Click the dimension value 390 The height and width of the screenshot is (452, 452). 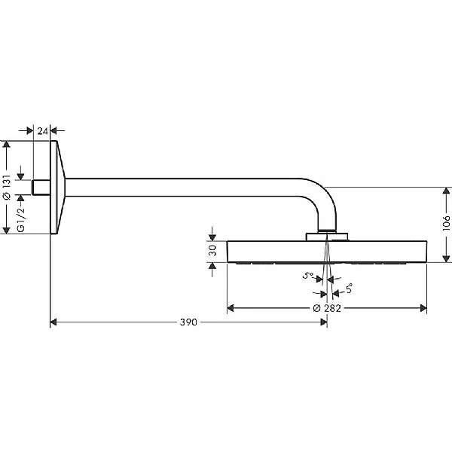(188, 322)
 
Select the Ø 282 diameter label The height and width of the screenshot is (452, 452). (327, 308)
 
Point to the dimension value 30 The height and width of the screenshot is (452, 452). (212, 251)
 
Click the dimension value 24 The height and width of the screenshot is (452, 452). (43, 131)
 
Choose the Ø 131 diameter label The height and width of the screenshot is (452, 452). (7, 185)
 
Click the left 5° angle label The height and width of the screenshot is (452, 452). (307, 276)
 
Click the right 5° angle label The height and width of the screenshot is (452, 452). (348, 287)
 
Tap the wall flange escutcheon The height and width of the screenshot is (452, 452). (57, 187)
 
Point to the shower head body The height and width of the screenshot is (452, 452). (327, 252)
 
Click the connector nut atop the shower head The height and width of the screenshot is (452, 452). (327, 237)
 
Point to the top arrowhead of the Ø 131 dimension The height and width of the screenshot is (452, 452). (7, 144)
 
